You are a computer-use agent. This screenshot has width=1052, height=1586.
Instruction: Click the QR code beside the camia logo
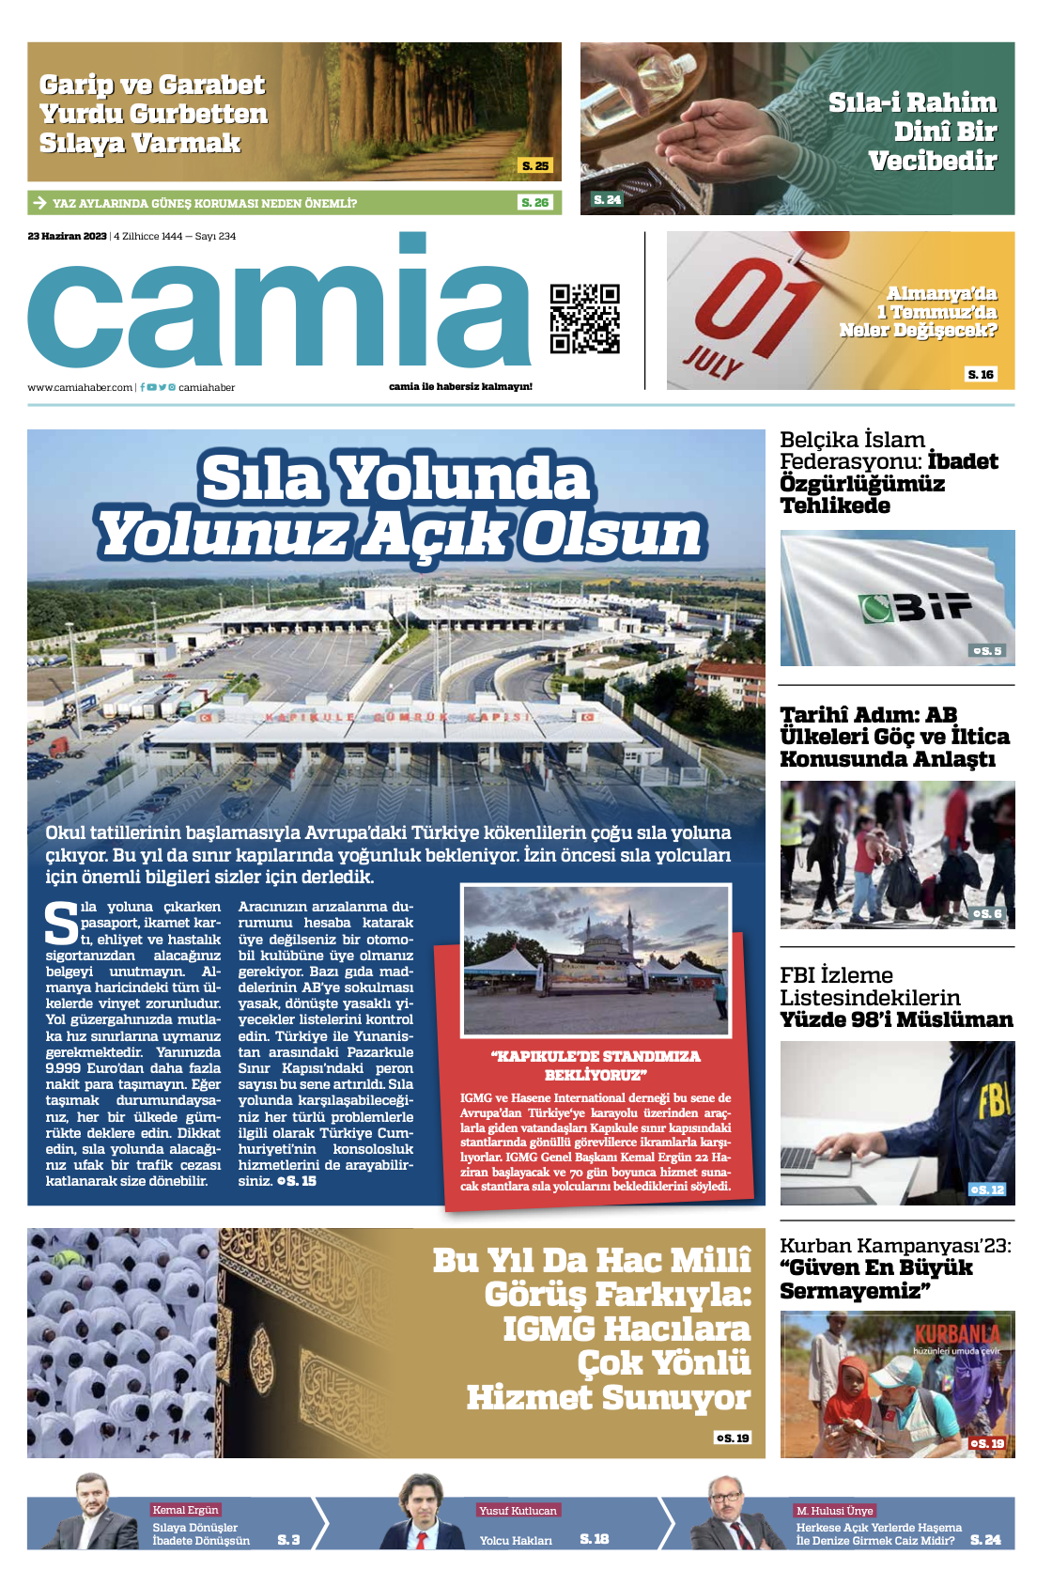tap(584, 319)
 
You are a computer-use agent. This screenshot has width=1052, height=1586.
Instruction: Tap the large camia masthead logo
tap(280, 310)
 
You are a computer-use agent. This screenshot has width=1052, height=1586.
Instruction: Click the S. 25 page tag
tap(535, 165)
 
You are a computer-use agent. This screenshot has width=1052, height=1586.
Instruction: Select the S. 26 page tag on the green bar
tap(534, 202)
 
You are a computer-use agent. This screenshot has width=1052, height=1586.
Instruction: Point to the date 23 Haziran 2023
tap(67, 236)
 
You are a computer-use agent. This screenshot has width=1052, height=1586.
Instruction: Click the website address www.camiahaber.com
tap(80, 387)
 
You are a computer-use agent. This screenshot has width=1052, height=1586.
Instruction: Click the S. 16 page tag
tap(981, 374)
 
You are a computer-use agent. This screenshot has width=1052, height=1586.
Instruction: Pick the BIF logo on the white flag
tap(916, 608)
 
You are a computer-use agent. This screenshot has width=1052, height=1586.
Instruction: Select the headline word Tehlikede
tap(835, 505)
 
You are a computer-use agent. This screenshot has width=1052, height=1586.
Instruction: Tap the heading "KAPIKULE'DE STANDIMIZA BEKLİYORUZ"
tap(595, 1065)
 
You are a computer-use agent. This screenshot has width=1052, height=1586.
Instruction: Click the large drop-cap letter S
tap(62, 924)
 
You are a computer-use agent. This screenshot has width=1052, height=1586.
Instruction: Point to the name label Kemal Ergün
tap(185, 1510)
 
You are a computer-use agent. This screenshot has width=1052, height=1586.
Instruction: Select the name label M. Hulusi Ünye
tap(835, 1510)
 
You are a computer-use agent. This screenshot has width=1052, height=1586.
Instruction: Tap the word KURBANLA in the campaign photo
tap(957, 1335)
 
